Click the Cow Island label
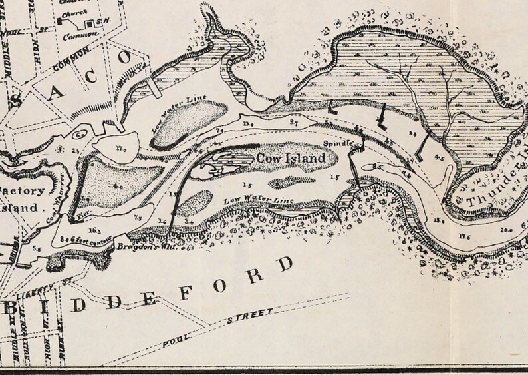coord(291,159)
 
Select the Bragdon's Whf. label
coord(140,246)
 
